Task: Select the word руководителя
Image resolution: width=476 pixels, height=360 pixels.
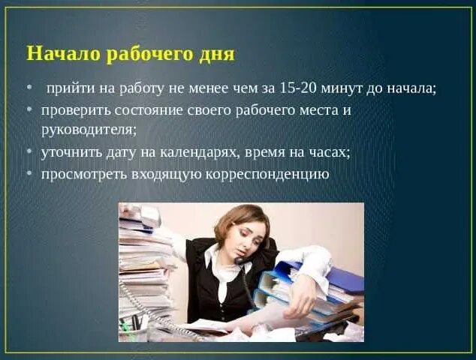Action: [89, 130]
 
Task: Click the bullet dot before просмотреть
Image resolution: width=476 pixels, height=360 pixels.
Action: [29, 174]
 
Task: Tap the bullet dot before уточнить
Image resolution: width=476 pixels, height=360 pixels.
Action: [29, 151]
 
